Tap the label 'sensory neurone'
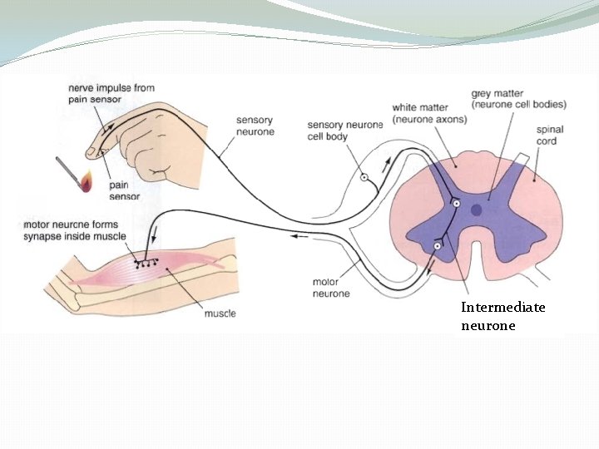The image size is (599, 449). coord(255,126)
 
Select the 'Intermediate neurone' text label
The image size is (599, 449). coord(503,316)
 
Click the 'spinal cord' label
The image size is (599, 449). coord(552,136)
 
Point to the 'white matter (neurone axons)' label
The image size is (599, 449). coord(430,113)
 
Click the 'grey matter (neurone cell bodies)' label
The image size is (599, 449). coord(518,99)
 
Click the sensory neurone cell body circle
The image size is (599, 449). coord(364,177)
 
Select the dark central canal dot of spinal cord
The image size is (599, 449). coord(476,210)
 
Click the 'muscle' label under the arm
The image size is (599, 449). coord(220,313)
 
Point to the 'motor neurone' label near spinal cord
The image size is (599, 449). coord(331,288)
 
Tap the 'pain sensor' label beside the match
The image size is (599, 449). coord(124,190)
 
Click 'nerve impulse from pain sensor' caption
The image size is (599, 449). coord(111,93)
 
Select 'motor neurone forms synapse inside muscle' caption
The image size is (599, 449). coord(76,230)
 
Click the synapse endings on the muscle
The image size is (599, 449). coord(146,263)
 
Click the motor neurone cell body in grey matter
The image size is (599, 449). coord(438,246)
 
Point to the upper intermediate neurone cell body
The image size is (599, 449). coord(456,204)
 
